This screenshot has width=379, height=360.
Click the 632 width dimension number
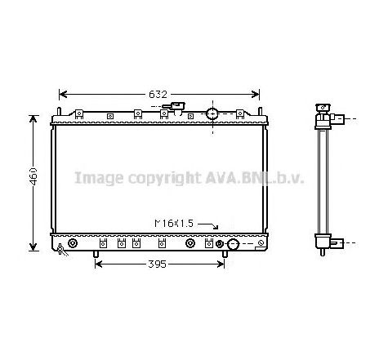point(158,95)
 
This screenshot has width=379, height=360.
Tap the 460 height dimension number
point(33,176)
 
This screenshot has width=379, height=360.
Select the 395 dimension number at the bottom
point(157,264)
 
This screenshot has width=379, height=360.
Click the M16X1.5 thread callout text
point(174,224)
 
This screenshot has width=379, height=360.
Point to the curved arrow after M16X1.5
point(208,225)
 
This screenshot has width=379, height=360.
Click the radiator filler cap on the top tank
point(174,106)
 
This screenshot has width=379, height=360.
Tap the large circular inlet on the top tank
point(212,113)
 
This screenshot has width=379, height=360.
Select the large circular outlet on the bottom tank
point(233,244)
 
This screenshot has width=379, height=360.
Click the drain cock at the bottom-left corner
point(62,250)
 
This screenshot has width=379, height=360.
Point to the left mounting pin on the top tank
point(59,112)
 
